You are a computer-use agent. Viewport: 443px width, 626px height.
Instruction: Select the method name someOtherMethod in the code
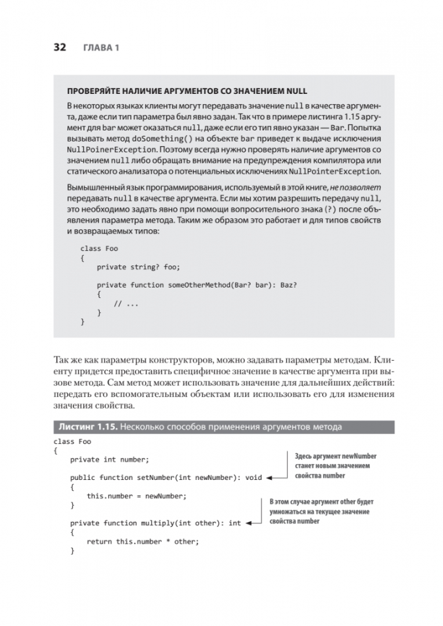pos(197,285)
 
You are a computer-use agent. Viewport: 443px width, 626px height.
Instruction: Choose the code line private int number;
pos(109,460)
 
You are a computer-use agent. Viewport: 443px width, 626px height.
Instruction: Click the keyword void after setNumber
pos(253,478)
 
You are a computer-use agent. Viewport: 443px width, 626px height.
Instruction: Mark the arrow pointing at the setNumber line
pos(277,478)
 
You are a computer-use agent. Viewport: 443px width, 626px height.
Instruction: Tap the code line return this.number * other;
pos(143,541)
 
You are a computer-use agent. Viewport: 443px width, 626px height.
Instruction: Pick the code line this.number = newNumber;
pos(136,496)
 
